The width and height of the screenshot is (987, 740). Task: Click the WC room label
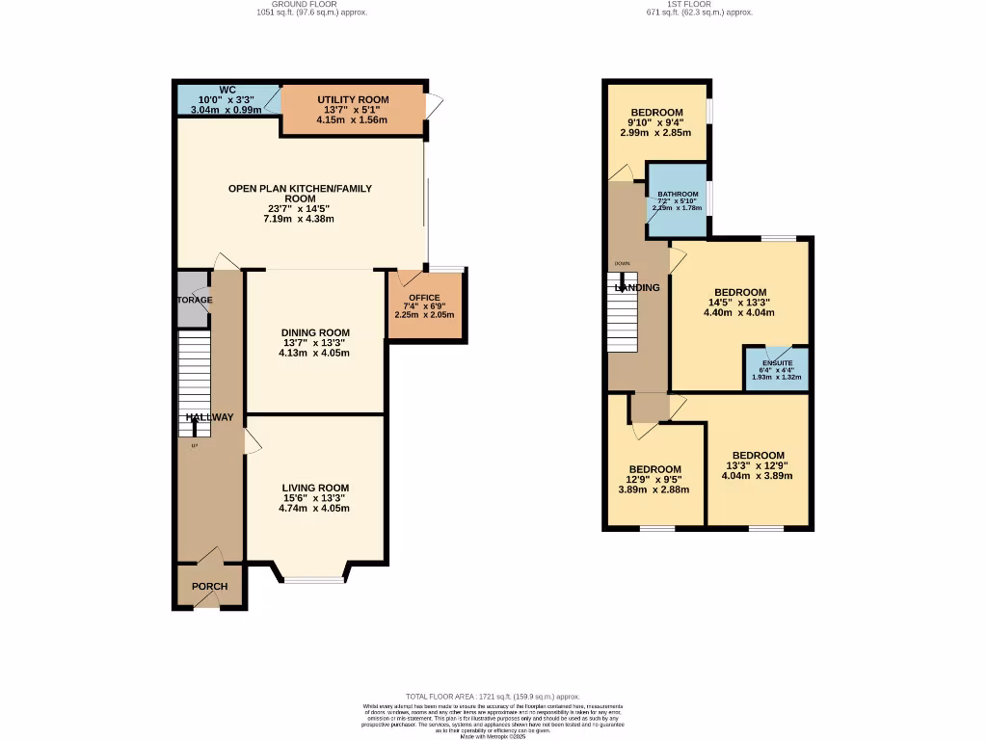point(227,91)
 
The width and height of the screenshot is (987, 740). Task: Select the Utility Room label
point(353,100)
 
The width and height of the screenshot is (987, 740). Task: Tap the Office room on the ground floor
point(424,305)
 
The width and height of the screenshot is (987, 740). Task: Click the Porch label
point(209,587)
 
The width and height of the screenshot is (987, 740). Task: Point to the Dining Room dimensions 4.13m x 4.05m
point(313,353)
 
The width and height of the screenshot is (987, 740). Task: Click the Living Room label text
point(315,488)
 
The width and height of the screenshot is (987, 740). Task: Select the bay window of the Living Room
point(313,579)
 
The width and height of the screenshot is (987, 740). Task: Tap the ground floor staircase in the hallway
point(194,382)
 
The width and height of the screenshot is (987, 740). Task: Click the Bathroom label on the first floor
point(678,194)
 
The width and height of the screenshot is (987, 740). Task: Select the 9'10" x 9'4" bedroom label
point(656,121)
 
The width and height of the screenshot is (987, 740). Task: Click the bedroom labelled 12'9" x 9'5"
point(654,479)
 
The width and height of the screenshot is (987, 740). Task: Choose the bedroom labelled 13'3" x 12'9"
point(758,465)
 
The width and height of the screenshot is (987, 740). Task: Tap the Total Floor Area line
point(493,696)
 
